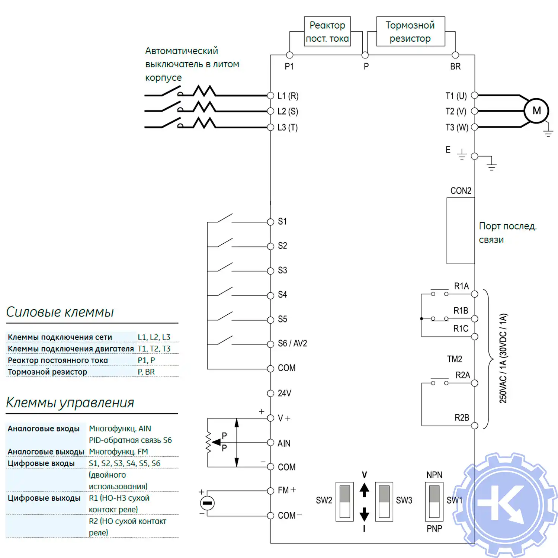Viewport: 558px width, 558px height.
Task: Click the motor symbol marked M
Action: tap(536, 111)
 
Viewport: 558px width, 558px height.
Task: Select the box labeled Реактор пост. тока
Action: tap(327, 32)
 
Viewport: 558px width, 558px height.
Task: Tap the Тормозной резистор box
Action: tap(410, 32)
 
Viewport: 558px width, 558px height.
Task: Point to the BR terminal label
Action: tap(455, 67)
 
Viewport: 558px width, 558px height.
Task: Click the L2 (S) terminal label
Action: tap(288, 112)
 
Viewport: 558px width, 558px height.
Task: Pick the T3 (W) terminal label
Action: tap(457, 128)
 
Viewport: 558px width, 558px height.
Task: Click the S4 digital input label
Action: tap(282, 295)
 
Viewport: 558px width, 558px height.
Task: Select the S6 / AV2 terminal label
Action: tap(292, 343)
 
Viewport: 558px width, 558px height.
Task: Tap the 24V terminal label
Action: tap(284, 393)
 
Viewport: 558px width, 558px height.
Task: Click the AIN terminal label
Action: tap(284, 443)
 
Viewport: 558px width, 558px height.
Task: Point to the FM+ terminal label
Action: tap(287, 490)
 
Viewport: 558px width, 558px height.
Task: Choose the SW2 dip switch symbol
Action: tap(344, 501)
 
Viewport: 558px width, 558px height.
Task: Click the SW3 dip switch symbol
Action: tap(384, 501)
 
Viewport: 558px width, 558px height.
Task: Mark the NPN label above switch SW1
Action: tap(434, 475)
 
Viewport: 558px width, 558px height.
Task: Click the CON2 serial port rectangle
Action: tap(461, 231)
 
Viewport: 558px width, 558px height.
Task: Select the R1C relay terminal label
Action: tap(461, 329)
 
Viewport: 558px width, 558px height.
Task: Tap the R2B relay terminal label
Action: tap(462, 418)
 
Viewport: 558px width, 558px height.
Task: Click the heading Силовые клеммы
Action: tap(60, 312)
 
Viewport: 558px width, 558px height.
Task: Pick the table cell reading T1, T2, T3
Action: tap(154, 349)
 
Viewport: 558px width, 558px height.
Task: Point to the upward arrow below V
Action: tap(364, 490)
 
